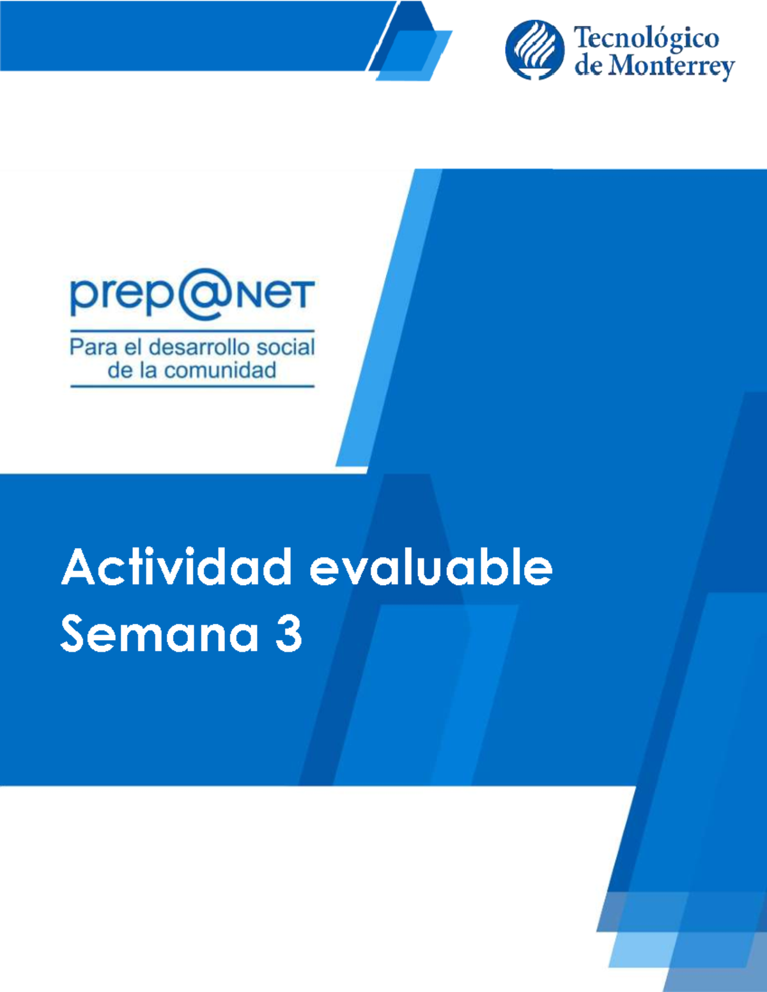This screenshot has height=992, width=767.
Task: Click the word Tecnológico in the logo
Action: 646,38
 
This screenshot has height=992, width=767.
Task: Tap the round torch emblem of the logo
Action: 535,49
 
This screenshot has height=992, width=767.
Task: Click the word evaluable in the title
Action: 431,567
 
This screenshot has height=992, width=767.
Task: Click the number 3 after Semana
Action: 288,634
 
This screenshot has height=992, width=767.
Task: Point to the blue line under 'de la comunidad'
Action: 192,386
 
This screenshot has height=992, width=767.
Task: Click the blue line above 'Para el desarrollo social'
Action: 192,331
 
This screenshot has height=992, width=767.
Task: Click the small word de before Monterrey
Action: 587,66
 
